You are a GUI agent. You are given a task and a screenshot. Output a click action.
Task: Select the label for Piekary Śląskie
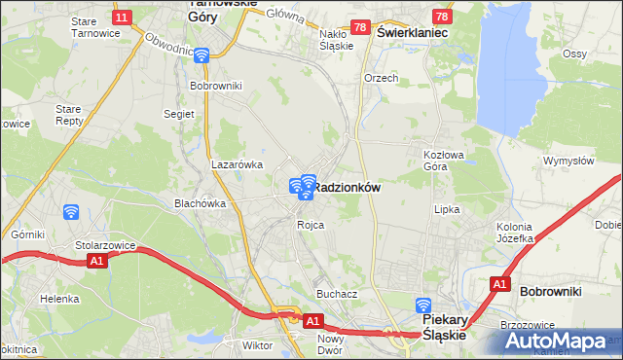tap(444, 326)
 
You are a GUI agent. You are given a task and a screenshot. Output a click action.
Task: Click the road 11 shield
tap(122, 18)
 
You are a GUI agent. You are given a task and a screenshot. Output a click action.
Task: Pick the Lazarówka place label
tap(238, 164)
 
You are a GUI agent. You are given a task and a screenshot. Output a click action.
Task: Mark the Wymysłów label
tap(568, 161)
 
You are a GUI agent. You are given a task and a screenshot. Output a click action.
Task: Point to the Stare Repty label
tap(69, 115)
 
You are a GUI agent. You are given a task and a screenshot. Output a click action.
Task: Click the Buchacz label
tap(337, 293)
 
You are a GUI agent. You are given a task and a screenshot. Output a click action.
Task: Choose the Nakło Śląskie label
tap(336, 39)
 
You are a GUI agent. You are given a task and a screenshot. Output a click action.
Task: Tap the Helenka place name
tap(59, 299)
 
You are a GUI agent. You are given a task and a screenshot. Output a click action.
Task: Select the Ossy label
tap(602, 53)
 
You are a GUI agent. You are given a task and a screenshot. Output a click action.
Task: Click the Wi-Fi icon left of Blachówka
tap(70, 211)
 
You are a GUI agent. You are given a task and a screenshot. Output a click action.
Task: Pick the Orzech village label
tap(382, 78)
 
